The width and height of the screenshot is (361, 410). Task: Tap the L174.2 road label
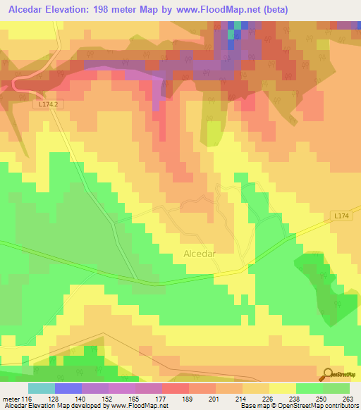click(47, 104)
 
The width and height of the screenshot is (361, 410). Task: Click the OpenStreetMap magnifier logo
click(328, 375)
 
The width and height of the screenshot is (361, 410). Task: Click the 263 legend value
click(347, 398)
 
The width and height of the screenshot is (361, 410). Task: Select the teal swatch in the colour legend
click(42, 388)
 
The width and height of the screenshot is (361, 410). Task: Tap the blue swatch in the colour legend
click(68, 388)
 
